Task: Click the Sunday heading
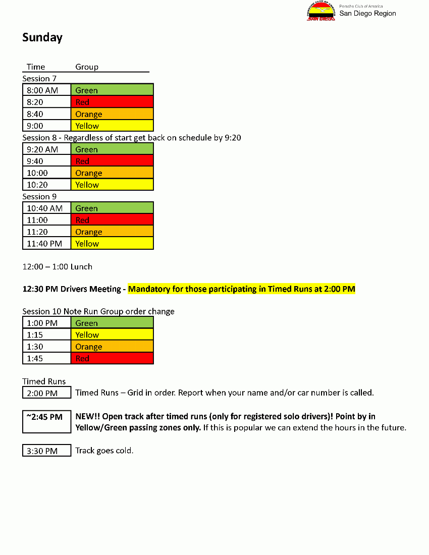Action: click(42, 38)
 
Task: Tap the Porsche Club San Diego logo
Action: click(321, 12)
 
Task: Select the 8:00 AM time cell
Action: click(46, 90)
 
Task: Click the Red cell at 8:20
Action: click(112, 102)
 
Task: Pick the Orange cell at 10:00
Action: click(112, 173)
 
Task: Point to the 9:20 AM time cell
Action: click(46, 149)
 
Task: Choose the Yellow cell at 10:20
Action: click(112, 185)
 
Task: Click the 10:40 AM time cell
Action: click(46, 208)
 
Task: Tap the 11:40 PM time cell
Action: click(46, 244)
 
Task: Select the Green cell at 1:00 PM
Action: click(112, 323)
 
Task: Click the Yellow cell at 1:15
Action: click(112, 335)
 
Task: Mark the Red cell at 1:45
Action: click(112, 358)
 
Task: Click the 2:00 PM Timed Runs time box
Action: click(46, 393)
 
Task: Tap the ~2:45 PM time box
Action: click(46, 422)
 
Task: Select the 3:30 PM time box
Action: click(46, 451)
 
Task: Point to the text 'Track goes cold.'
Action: click(104, 451)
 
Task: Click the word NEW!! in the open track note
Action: click(87, 417)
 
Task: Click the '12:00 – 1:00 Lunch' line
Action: click(57, 266)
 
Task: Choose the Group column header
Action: click(87, 67)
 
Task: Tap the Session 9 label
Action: click(39, 197)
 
